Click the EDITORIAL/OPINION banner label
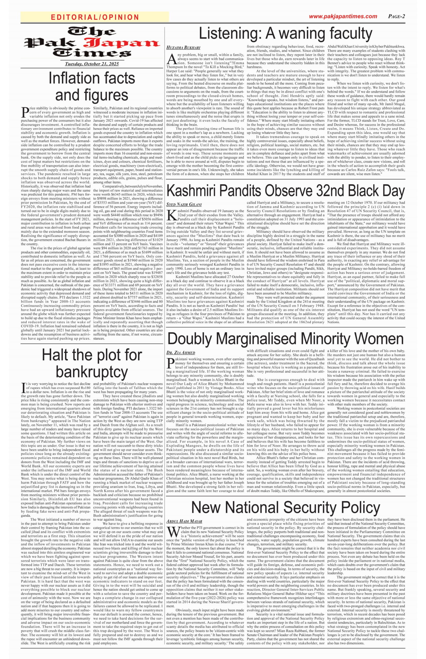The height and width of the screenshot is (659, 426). pyautogui.click(x=95, y=17)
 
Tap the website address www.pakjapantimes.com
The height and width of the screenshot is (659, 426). pyautogui.click(x=343, y=16)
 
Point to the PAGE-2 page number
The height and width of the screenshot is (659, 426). pyautogui.click(x=396, y=16)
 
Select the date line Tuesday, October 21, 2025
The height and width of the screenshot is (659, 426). pyautogui.click(x=92, y=64)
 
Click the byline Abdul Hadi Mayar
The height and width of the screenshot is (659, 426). pyautogui.click(x=184, y=521)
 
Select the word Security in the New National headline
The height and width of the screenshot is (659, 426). pyautogui.click(x=312, y=507)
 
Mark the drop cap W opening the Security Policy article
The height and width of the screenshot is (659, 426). pyautogui.click(x=173, y=532)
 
